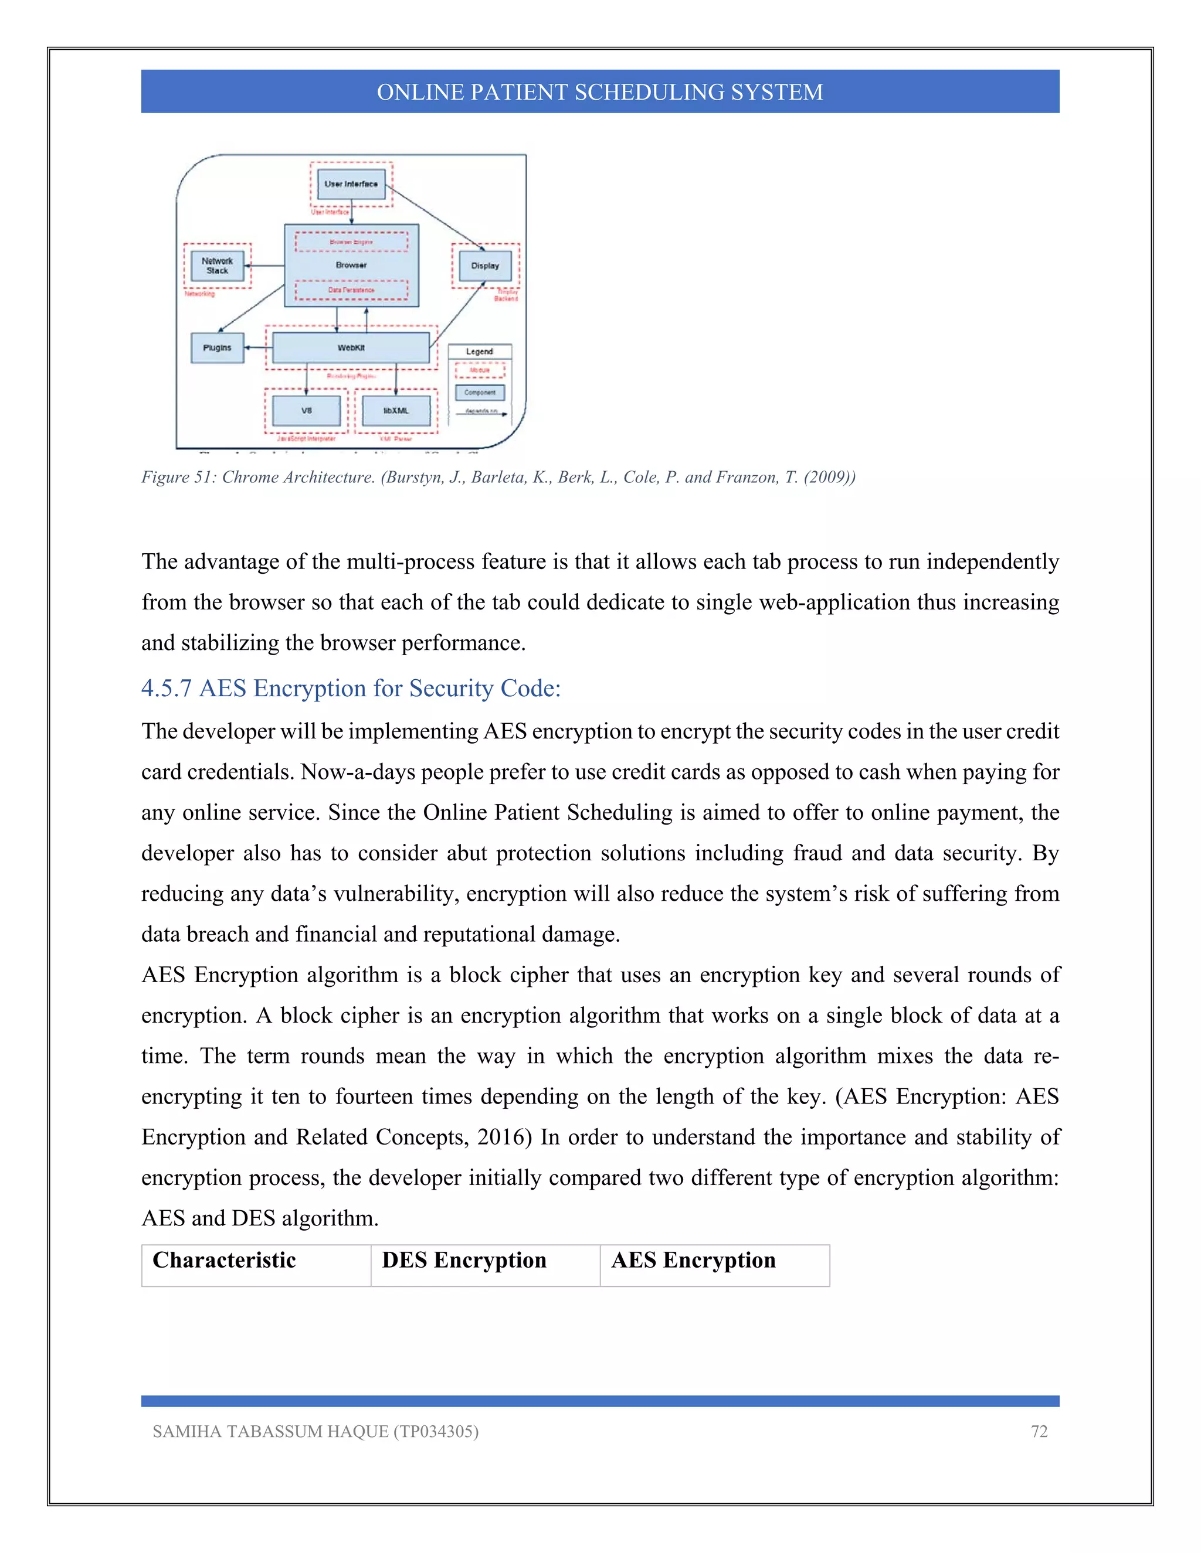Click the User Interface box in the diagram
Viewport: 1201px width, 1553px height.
[351, 184]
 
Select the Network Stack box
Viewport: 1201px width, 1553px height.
[217, 266]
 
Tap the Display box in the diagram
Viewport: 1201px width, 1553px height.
[484, 266]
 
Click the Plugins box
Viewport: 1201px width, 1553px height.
[217, 348]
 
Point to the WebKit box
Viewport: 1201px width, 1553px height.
[351, 348]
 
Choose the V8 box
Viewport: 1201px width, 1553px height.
[306, 411]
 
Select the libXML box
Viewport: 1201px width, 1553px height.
[396, 411]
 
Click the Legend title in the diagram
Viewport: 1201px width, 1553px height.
[479, 351]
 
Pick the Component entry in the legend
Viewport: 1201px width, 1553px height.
[480, 393]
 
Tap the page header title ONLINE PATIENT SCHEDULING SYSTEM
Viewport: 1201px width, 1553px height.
[600, 92]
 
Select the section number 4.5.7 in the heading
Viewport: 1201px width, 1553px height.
[167, 689]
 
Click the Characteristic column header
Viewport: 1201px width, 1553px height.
[224, 1260]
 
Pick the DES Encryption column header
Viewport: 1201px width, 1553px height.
[464, 1260]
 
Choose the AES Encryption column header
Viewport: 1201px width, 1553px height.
[693, 1260]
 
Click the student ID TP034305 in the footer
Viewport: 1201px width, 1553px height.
[436, 1432]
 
